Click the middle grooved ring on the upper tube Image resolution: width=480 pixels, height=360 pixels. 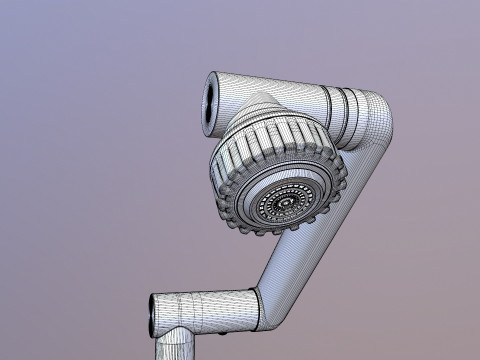[x=346, y=106]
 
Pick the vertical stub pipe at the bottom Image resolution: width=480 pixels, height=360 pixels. [x=171, y=345]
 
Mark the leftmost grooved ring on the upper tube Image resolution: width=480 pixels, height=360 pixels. [x=331, y=103]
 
